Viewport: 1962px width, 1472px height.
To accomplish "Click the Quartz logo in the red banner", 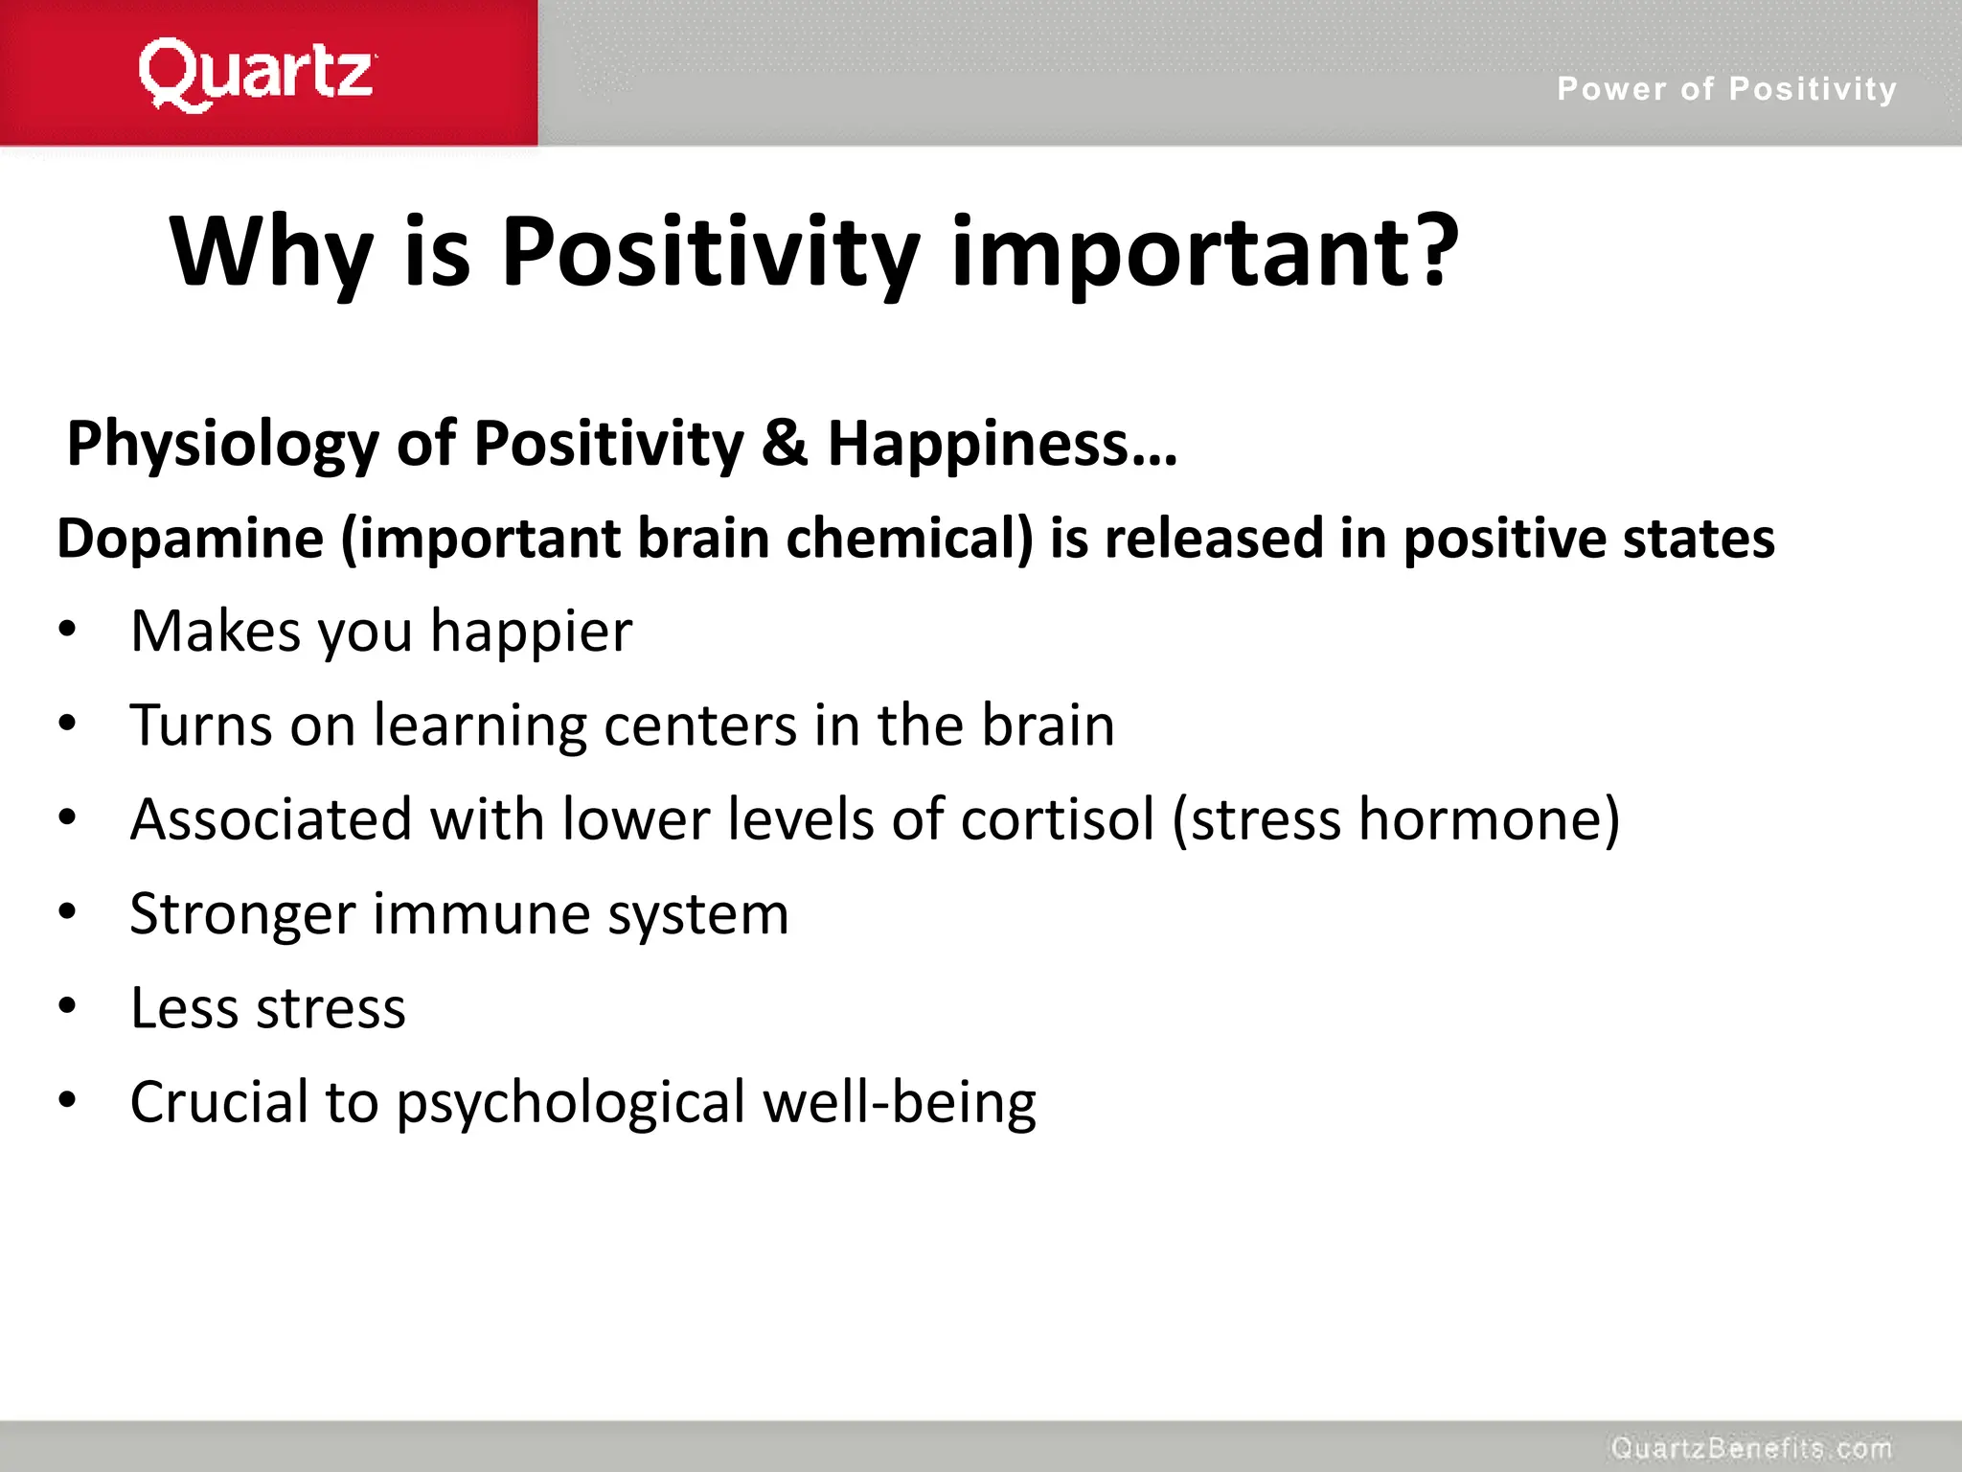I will tap(257, 74).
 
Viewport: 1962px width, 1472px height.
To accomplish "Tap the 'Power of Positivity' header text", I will tap(1726, 89).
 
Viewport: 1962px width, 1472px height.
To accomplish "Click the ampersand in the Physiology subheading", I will tap(786, 444).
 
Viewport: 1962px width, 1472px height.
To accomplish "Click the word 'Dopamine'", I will tap(190, 539).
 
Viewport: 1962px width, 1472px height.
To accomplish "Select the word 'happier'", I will tap(531, 632).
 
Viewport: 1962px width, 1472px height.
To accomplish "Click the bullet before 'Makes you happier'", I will tap(66, 631).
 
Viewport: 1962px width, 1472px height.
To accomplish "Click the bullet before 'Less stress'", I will tap(66, 1006).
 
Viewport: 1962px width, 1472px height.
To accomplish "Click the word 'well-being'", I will tap(899, 1102).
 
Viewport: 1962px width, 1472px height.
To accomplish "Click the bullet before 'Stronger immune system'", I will tap(66, 912).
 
